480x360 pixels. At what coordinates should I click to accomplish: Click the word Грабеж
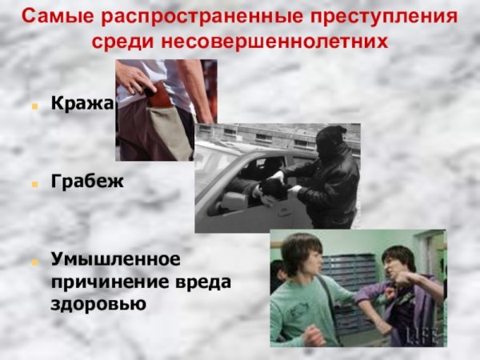click(x=88, y=182)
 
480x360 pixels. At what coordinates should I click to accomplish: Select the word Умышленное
click(x=116, y=260)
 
